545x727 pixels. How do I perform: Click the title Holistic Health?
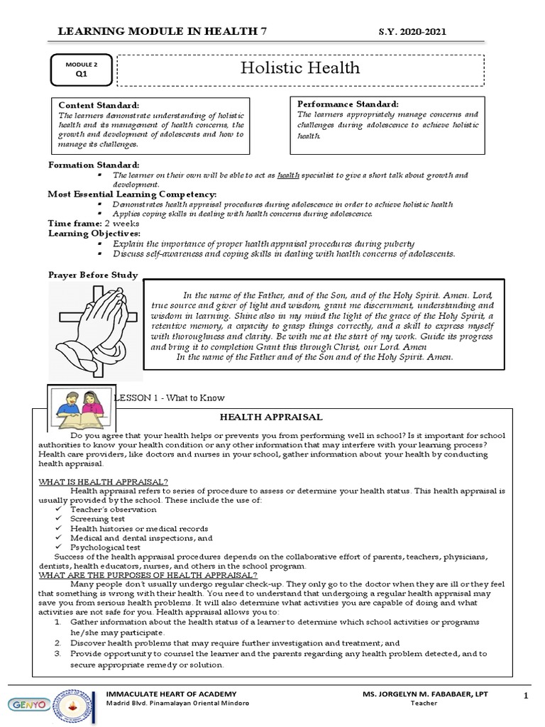300,68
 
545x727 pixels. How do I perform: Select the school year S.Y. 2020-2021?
414,32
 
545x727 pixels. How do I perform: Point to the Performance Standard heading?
348,104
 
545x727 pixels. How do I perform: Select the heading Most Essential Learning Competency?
132,194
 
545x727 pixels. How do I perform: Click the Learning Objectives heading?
94,233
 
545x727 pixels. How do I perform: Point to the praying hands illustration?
101,322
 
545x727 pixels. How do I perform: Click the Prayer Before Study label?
93,274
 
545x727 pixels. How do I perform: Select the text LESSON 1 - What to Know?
170,398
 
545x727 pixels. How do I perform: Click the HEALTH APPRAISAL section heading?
270,417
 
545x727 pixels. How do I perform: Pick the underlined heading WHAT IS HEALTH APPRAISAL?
103,481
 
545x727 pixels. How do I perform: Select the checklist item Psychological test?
105,547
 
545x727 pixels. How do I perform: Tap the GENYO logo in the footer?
26,704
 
